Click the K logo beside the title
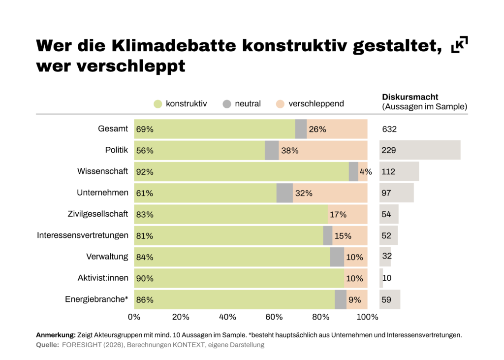[x=459, y=44]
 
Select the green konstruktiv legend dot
[x=158, y=104]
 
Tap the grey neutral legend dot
[x=226, y=104]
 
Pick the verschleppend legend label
[x=316, y=104]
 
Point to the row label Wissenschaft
[x=102, y=171]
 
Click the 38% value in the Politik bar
[x=289, y=151]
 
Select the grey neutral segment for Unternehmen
[x=284, y=193]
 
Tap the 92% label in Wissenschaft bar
[x=145, y=172]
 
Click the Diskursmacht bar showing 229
[x=419, y=150]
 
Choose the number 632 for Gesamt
[x=389, y=130]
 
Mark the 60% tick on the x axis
[x=274, y=316]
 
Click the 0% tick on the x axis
[x=134, y=316]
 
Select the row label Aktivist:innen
[x=102, y=278]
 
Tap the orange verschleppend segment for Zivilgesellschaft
[x=347, y=214]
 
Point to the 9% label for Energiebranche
[x=355, y=299]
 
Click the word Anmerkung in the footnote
[x=56, y=335]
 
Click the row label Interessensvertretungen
[x=83, y=235]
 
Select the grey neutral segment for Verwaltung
[x=337, y=257]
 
